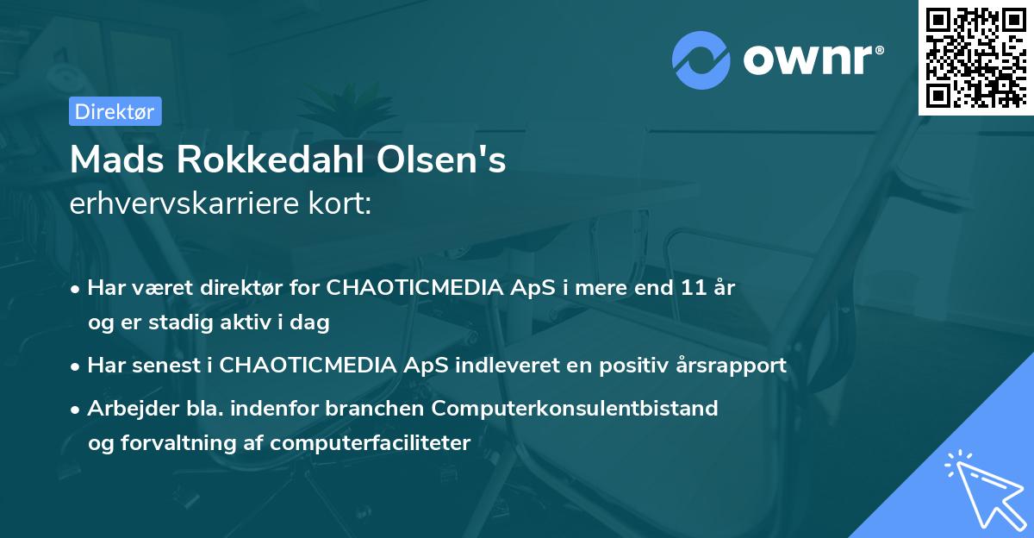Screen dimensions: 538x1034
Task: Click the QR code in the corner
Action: click(x=975, y=57)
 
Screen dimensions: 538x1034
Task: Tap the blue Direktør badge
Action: click(x=115, y=111)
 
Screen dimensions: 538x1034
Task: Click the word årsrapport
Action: click(x=731, y=365)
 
